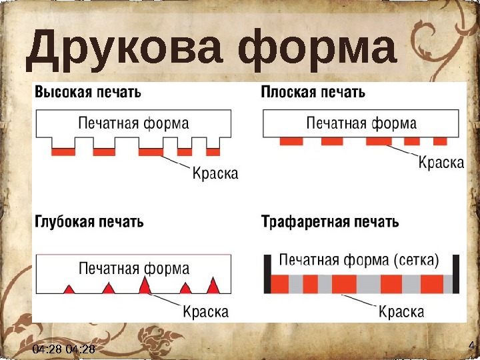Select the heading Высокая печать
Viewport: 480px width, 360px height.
tap(88, 92)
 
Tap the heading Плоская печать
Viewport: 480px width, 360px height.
tap(313, 92)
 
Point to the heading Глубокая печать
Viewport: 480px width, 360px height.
tap(89, 221)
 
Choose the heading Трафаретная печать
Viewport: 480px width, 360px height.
tap(330, 221)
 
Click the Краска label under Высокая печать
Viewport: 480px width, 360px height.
tap(215, 174)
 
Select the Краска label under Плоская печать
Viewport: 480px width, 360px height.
tap(441, 163)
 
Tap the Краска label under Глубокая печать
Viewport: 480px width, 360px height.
tap(205, 311)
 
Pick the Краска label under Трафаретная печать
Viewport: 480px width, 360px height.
tap(402, 311)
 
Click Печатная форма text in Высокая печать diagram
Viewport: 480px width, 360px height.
tap(133, 123)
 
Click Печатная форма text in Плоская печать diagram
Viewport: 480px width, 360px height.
tap(361, 123)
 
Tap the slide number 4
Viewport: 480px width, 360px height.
tap(471, 345)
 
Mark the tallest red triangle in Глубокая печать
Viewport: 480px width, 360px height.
tap(145, 285)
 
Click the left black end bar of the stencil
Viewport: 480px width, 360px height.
tap(267, 274)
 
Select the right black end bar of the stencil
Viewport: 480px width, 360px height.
tap(457, 274)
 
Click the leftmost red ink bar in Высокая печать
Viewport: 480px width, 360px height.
tap(63, 152)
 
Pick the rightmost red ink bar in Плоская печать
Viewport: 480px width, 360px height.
tap(440, 141)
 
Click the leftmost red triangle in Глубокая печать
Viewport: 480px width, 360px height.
tap(69, 289)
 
